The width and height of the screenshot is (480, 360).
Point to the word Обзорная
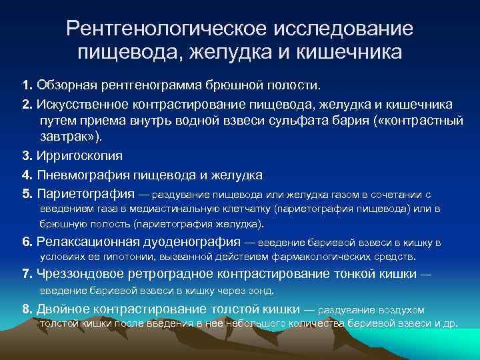pos(65,86)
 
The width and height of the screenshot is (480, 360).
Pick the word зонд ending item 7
pos(261,291)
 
